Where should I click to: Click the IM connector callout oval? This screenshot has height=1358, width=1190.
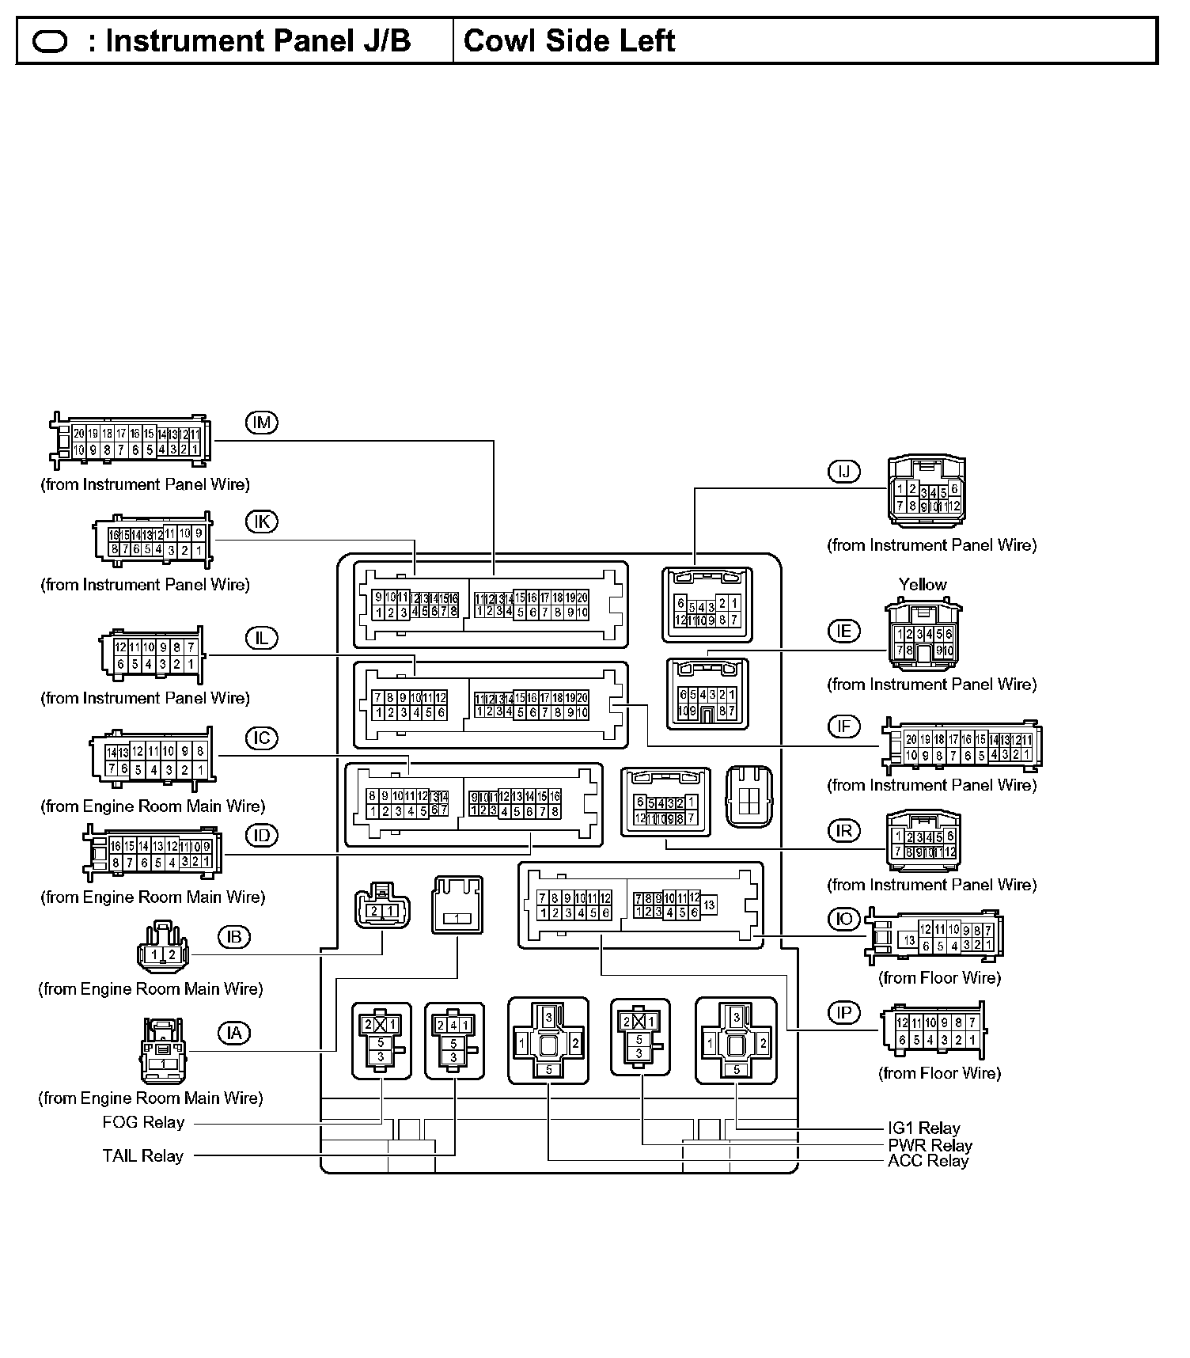point(261,423)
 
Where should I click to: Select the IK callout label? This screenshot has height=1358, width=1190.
point(261,522)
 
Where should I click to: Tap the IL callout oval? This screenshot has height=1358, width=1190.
point(261,638)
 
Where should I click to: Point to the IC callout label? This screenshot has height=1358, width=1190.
point(261,738)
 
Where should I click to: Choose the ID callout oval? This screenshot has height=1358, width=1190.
point(261,836)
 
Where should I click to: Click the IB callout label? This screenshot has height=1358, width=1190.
point(233,937)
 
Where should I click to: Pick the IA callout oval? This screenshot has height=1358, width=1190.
point(233,1033)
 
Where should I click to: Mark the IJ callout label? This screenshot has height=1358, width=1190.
point(843,472)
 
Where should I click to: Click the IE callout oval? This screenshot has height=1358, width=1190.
point(843,631)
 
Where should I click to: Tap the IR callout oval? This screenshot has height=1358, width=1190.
point(843,830)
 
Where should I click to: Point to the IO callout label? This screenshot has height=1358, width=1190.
point(843,919)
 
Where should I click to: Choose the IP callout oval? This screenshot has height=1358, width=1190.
point(843,1013)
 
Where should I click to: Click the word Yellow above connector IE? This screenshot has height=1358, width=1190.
point(923,584)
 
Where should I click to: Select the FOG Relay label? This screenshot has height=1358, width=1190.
point(143,1122)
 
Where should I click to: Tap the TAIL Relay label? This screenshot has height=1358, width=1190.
point(142,1155)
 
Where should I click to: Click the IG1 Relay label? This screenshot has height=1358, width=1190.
point(923,1128)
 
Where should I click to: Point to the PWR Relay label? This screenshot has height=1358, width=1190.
point(930,1145)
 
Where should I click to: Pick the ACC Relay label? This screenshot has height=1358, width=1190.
point(928,1161)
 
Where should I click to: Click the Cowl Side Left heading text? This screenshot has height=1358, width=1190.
point(569,40)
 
